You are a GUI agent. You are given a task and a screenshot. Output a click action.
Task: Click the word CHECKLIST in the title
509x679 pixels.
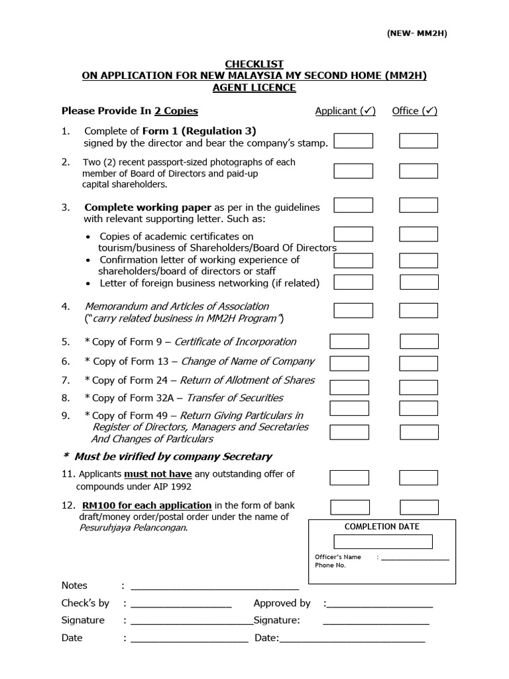coord(254,64)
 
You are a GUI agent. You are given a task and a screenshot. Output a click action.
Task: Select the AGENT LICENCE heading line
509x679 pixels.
coord(254,88)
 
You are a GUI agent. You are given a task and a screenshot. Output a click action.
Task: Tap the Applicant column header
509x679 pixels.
coord(345,111)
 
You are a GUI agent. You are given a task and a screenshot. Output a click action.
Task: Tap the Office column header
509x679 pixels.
coord(415,111)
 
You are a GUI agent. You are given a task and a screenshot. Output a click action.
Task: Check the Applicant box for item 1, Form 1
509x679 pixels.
coord(353,141)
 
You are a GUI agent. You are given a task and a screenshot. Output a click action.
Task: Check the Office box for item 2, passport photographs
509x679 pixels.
coord(418,171)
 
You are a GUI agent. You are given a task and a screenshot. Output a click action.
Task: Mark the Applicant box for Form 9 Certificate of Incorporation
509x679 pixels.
coord(349,341)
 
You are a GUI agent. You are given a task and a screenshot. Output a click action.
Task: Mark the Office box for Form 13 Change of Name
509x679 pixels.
coord(419,363)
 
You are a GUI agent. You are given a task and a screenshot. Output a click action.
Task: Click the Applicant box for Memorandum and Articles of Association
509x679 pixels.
coord(353,310)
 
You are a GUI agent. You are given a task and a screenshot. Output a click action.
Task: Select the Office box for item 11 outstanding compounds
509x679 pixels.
coord(419,477)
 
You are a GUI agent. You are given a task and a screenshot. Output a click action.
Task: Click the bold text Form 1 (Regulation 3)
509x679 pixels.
coord(199,131)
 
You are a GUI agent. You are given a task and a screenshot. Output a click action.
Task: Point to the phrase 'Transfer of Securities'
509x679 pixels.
coord(235,398)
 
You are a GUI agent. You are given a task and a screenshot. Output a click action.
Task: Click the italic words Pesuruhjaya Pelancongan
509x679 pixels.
coord(133,528)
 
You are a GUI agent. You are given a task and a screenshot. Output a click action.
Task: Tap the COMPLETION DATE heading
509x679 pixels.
coord(382,526)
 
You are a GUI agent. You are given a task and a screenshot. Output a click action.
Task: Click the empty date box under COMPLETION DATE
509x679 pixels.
coord(382,542)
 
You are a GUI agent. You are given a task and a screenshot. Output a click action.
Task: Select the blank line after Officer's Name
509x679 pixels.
coord(415,558)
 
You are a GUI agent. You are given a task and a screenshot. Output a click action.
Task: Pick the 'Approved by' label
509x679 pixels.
coord(282,603)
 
